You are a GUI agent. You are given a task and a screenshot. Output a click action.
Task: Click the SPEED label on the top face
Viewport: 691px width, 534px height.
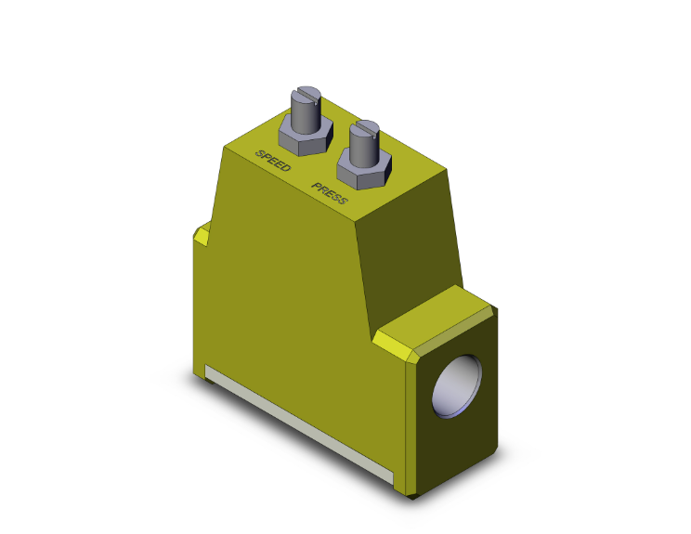(x=273, y=160)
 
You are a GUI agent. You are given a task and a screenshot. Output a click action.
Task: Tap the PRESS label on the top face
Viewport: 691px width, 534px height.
(x=330, y=193)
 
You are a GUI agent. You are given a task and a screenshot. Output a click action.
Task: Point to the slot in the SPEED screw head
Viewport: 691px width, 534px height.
(x=306, y=92)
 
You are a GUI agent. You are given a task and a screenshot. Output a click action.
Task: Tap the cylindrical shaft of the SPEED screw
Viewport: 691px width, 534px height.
(x=306, y=115)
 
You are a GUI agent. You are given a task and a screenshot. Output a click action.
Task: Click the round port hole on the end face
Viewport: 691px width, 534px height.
(x=459, y=384)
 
